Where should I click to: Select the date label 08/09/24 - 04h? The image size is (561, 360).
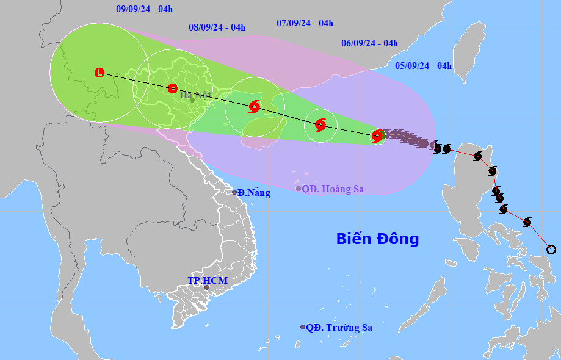(217, 27)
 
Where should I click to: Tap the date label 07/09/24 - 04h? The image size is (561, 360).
(305, 23)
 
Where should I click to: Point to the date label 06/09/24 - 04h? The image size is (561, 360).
(369, 43)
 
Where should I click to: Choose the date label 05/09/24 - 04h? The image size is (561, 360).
(423, 66)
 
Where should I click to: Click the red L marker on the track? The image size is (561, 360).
(100, 73)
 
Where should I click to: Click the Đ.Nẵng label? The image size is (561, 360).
(253, 193)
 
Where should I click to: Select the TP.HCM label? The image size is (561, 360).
(207, 280)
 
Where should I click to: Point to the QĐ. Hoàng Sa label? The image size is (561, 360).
(333, 189)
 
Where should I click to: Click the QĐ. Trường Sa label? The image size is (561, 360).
(339, 328)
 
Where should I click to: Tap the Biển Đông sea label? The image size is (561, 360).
(377, 239)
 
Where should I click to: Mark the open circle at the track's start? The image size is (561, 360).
(551, 249)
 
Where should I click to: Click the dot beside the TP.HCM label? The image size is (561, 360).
(207, 287)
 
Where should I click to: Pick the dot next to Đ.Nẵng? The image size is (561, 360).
(234, 192)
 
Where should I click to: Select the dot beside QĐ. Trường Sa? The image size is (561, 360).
(303, 327)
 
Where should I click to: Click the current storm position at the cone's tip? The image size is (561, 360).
(377, 135)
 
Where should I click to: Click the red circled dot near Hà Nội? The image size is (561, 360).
(173, 88)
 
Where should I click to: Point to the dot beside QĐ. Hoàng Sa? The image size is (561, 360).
(299, 189)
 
